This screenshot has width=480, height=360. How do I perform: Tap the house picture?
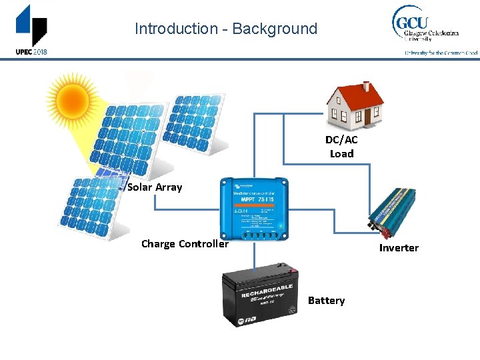(x=355, y=105)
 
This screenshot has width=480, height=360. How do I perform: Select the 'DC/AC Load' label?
(x=341, y=147)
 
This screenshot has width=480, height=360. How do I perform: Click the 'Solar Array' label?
(x=155, y=187)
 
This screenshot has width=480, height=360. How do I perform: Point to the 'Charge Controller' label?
(x=185, y=244)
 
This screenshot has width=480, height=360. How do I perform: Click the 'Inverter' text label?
(x=399, y=248)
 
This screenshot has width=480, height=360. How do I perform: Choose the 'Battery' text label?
(x=326, y=301)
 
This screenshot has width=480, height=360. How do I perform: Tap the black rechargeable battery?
(x=260, y=297)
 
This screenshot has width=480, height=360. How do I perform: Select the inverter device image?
(x=392, y=212)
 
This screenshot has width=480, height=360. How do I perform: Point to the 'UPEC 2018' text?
(x=31, y=52)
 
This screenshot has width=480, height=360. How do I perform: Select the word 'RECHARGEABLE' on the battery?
(x=267, y=291)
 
